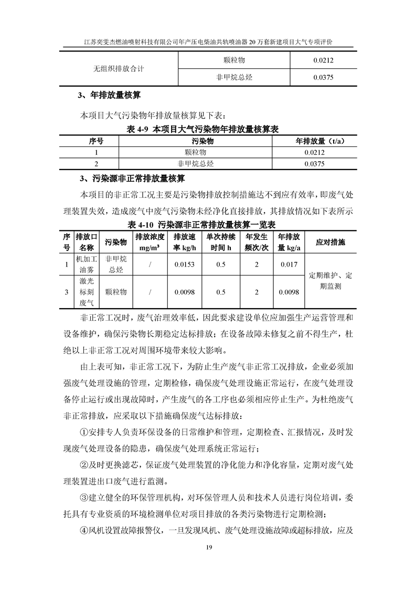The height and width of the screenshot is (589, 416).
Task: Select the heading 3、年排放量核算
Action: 109,96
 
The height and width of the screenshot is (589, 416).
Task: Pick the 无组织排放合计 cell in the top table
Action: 119,68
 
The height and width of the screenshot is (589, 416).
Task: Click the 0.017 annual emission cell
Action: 289,265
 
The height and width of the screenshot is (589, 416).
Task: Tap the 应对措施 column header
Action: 331,242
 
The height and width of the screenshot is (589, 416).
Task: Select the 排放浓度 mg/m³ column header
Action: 150,242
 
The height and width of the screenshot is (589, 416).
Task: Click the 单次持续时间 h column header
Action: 221,242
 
